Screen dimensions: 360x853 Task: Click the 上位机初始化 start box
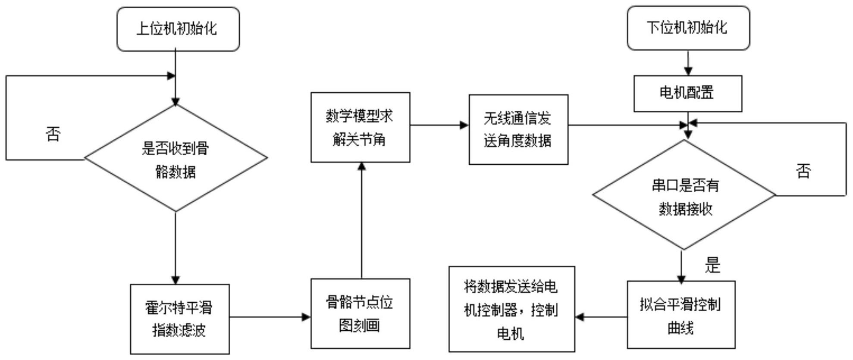(178, 29)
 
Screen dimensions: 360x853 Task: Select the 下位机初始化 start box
(688, 28)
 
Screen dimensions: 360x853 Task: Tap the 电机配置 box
(687, 93)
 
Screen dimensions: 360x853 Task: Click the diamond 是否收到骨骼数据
(176, 159)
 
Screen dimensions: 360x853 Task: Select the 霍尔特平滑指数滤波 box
(180, 319)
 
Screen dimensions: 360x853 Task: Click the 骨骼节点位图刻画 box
(360, 313)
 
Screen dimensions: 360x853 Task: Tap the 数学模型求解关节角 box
(360, 127)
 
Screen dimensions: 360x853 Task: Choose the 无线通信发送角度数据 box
(518, 129)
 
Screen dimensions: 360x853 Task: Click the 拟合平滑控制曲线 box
(681, 315)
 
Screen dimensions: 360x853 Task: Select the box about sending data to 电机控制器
(511, 309)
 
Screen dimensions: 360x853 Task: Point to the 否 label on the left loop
(53, 134)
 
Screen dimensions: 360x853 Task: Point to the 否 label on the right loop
(803, 171)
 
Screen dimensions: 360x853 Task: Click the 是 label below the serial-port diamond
(712, 265)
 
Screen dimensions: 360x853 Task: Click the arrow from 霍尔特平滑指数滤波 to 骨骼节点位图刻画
(270, 317)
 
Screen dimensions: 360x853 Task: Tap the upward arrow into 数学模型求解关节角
(361, 220)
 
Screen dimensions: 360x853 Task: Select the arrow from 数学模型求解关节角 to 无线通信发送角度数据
(439, 125)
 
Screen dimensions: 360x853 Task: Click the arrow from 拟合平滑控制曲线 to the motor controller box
(601, 317)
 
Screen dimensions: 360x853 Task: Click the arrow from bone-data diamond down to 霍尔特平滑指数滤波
(176, 248)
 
